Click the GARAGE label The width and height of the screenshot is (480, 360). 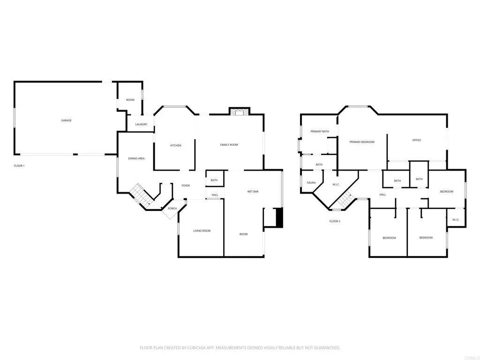click(66, 120)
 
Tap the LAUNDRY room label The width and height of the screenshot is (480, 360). click(141, 124)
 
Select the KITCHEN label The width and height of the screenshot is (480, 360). click(175, 145)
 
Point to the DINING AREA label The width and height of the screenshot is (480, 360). click(136, 158)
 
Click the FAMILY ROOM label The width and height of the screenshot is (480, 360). click(229, 145)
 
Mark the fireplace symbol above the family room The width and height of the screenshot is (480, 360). click(240, 112)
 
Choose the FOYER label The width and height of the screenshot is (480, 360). click(186, 186)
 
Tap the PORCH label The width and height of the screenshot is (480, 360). click(172, 208)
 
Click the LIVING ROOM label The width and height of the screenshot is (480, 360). click(202, 231)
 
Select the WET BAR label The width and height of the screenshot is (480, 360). click(253, 191)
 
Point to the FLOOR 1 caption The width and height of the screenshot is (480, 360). click(19, 166)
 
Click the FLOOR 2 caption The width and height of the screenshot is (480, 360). click(335, 221)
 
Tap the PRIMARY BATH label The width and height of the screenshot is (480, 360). click(319, 131)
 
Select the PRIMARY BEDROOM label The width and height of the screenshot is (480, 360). click(362, 142)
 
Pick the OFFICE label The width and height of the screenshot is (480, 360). click(416, 140)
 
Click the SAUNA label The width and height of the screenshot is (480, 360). click(311, 182)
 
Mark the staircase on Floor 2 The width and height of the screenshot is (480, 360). click(345, 201)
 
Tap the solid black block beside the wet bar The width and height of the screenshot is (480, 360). click(280, 218)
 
